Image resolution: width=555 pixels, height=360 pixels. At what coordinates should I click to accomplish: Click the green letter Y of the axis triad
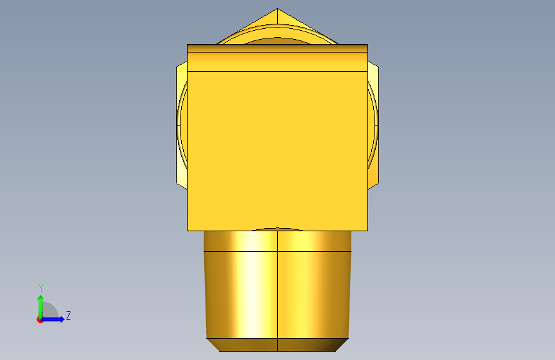click(41, 288)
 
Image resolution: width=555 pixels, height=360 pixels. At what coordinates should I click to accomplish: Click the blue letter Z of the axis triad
click(68, 315)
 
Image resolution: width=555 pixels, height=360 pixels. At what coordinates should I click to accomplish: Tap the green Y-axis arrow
click(41, 307)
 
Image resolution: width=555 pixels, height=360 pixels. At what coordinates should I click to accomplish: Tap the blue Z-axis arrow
click(52, 319)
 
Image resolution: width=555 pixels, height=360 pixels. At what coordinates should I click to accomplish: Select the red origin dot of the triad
click(40, 320)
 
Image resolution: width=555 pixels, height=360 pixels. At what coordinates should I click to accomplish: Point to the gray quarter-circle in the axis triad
click(49, 310)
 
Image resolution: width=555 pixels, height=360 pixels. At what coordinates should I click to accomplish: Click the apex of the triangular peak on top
click(277, 9)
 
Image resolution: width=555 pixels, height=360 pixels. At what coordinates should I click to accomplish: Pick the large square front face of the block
click(278, 151)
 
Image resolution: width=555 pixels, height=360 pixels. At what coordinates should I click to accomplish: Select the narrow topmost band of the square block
click(278, 49)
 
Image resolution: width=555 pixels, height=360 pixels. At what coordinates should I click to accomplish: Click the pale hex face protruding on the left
click(182, 124)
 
